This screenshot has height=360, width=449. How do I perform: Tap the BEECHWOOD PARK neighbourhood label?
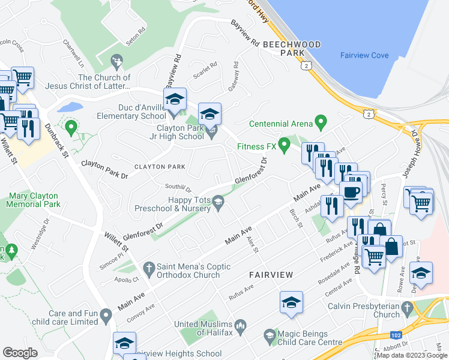click(x=292, y=49)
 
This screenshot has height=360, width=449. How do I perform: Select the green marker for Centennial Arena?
click(x=321, y=124)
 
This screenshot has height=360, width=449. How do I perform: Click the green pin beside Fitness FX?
click(x=285, y=145)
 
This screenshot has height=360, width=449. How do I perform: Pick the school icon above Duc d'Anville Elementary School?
click(x=175, y=99)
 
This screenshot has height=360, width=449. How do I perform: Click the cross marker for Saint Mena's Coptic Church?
click(x=148, y=266)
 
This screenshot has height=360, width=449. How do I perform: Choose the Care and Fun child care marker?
click(x=106, y=314)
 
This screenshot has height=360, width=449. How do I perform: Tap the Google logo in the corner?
click(x=20, y=353)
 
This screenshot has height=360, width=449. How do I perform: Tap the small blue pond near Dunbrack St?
click(x=70, y=107)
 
